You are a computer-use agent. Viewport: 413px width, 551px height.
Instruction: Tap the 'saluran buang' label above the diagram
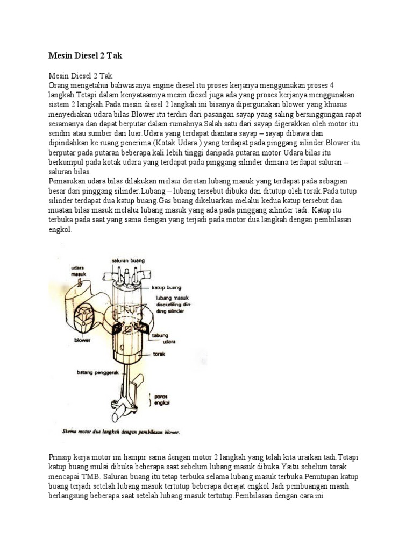(128, 260)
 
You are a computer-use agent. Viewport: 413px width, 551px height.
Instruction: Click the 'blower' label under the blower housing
(82, 340)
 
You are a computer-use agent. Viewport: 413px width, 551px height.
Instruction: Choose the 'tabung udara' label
(168, 338)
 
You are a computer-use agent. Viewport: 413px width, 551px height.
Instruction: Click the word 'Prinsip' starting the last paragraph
(60, 457)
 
